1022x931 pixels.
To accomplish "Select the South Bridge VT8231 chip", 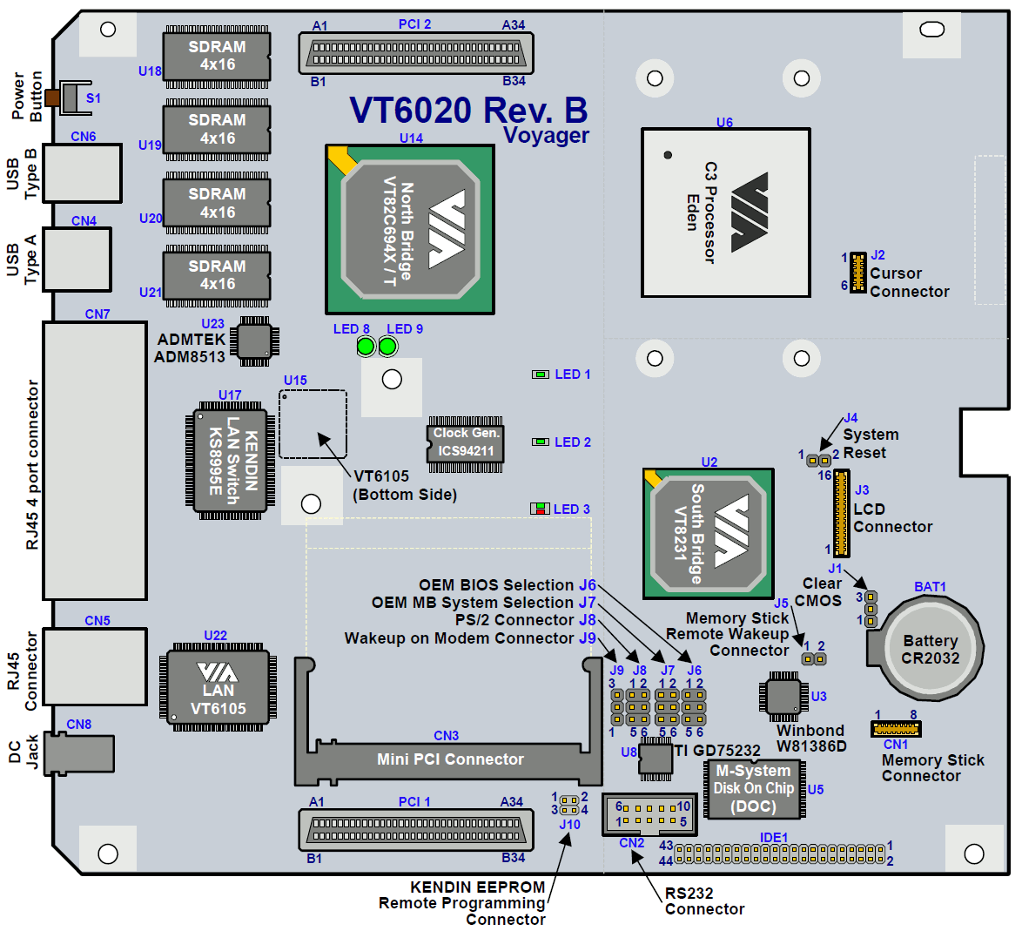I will click(709, 533).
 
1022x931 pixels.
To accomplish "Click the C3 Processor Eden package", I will click(725, 213).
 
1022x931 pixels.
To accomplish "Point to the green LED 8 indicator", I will click(366, 347).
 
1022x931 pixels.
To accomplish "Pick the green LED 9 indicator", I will click(387, 347).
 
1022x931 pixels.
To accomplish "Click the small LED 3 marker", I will click(540, 509).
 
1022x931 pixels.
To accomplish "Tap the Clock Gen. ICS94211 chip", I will click(466, 442).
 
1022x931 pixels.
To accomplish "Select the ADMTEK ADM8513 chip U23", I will click(255, 341).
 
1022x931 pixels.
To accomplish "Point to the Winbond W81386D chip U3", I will click(782, 697).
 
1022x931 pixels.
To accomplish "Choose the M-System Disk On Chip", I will click(754, 789).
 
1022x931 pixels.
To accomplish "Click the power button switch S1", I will click(70, 98).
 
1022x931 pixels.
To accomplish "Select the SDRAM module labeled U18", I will click(217, 57).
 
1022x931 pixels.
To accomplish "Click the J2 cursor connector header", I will click(857, 273).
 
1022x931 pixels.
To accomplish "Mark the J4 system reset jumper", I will click(818, 459).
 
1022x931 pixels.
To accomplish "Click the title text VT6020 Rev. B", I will click(468, 111).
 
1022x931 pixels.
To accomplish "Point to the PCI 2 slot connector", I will click(415, 54).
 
